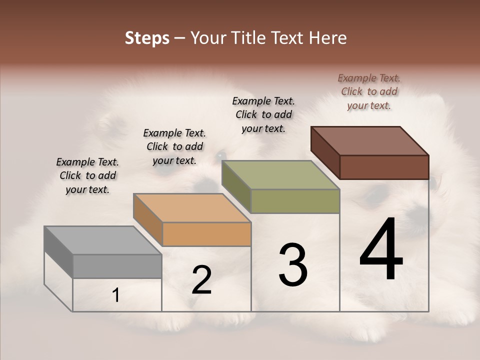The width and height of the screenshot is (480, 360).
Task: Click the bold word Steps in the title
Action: coord(147,38)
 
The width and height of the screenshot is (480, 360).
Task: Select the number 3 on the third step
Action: coord(293,264)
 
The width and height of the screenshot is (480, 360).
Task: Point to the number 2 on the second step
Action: coord(201,280)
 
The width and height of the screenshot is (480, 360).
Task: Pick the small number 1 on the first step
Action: coord(116,295)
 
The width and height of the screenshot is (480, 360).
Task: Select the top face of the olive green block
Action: coord(280,175)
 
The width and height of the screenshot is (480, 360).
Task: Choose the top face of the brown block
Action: coord(369,140)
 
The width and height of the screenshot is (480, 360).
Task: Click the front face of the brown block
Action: coord(384,167)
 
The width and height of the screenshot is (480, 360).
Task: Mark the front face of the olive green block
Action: coord(295,201)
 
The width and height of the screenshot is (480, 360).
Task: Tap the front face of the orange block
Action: coord(206,234)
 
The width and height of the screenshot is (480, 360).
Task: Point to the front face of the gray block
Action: coord(117,266)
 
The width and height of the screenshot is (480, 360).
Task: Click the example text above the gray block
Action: coord(87,176)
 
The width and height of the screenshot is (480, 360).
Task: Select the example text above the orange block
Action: coord(174,146)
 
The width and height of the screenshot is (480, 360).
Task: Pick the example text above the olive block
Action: coord(263,114)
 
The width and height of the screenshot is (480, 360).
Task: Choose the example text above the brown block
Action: coord(369,91)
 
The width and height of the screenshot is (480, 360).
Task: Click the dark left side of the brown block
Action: coord(325,152)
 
